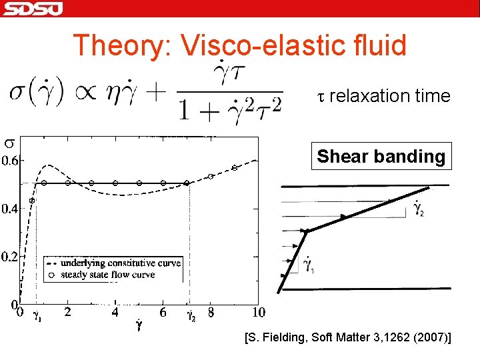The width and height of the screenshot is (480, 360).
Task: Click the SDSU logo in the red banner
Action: [33, 9]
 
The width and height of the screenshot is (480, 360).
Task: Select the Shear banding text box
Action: [381, 157]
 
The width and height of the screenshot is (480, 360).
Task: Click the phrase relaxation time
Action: [389, 96]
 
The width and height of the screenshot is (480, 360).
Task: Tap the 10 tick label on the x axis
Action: [258, 312]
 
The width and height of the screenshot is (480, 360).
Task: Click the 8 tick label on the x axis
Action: [211, 312]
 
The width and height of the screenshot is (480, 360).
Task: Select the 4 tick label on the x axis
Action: [115, 312]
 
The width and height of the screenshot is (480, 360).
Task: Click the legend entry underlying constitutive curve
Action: [121, 263]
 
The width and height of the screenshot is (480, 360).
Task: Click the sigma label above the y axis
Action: [9, 142]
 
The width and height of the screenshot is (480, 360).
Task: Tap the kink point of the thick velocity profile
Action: [307, 231]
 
